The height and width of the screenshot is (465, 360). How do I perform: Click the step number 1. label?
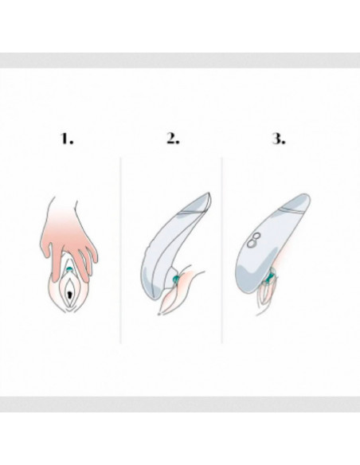point(67,139)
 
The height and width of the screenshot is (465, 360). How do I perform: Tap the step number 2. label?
point(173,139)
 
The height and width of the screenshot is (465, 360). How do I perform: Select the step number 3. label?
point(279,139)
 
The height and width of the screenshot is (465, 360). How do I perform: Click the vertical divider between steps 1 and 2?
point(120,251)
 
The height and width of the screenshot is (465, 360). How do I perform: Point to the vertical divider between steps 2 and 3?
point(221,251)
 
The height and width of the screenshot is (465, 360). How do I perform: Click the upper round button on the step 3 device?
point(256,236)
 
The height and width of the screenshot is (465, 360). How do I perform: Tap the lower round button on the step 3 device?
point(252,243)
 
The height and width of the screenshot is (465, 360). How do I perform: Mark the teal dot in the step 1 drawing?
point(69,269)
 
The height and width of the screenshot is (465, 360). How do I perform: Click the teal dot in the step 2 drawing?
point(175,279)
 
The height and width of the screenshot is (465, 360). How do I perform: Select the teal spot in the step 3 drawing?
point(271,275)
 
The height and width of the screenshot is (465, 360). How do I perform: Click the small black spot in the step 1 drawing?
point(69,295)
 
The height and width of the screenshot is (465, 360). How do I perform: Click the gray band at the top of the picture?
point(180,61)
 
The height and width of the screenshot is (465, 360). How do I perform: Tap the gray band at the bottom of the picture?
point(180,404)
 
